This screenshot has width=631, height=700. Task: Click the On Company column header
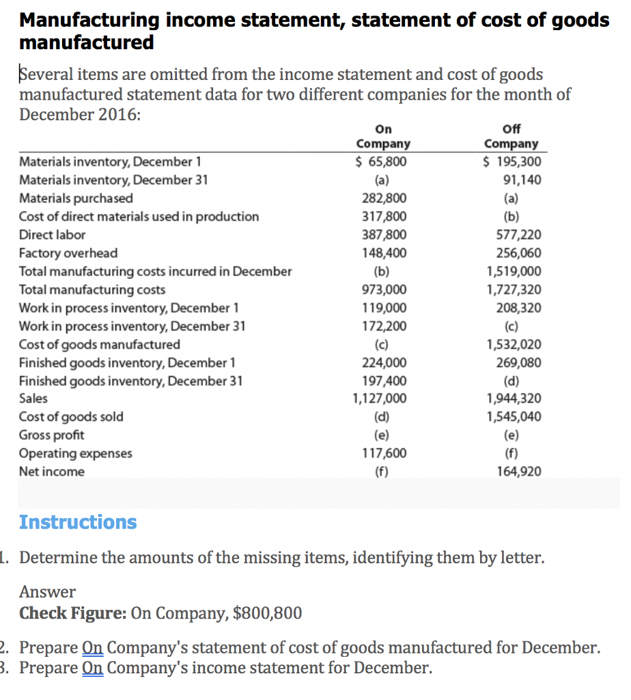click(383, 137)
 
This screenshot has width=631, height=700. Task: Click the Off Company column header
click(511, 137)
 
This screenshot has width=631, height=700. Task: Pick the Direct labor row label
click(53, 234)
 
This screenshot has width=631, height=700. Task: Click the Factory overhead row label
click(68, 253)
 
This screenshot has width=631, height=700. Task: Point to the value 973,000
click(384, 289)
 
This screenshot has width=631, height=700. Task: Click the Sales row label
click(33, 399)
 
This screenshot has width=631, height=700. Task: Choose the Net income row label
click(52, 471)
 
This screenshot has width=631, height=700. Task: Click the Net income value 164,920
click(521, 471)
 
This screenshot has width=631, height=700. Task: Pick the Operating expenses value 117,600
click(384, 453)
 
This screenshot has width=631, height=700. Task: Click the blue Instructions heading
click(78, 522)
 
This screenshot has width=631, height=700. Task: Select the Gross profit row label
click(52, 435)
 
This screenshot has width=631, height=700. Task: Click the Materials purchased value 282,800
click(384, 198)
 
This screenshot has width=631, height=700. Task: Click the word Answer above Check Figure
click(47, 591)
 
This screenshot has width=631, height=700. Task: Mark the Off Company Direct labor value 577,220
click(521, 234)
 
